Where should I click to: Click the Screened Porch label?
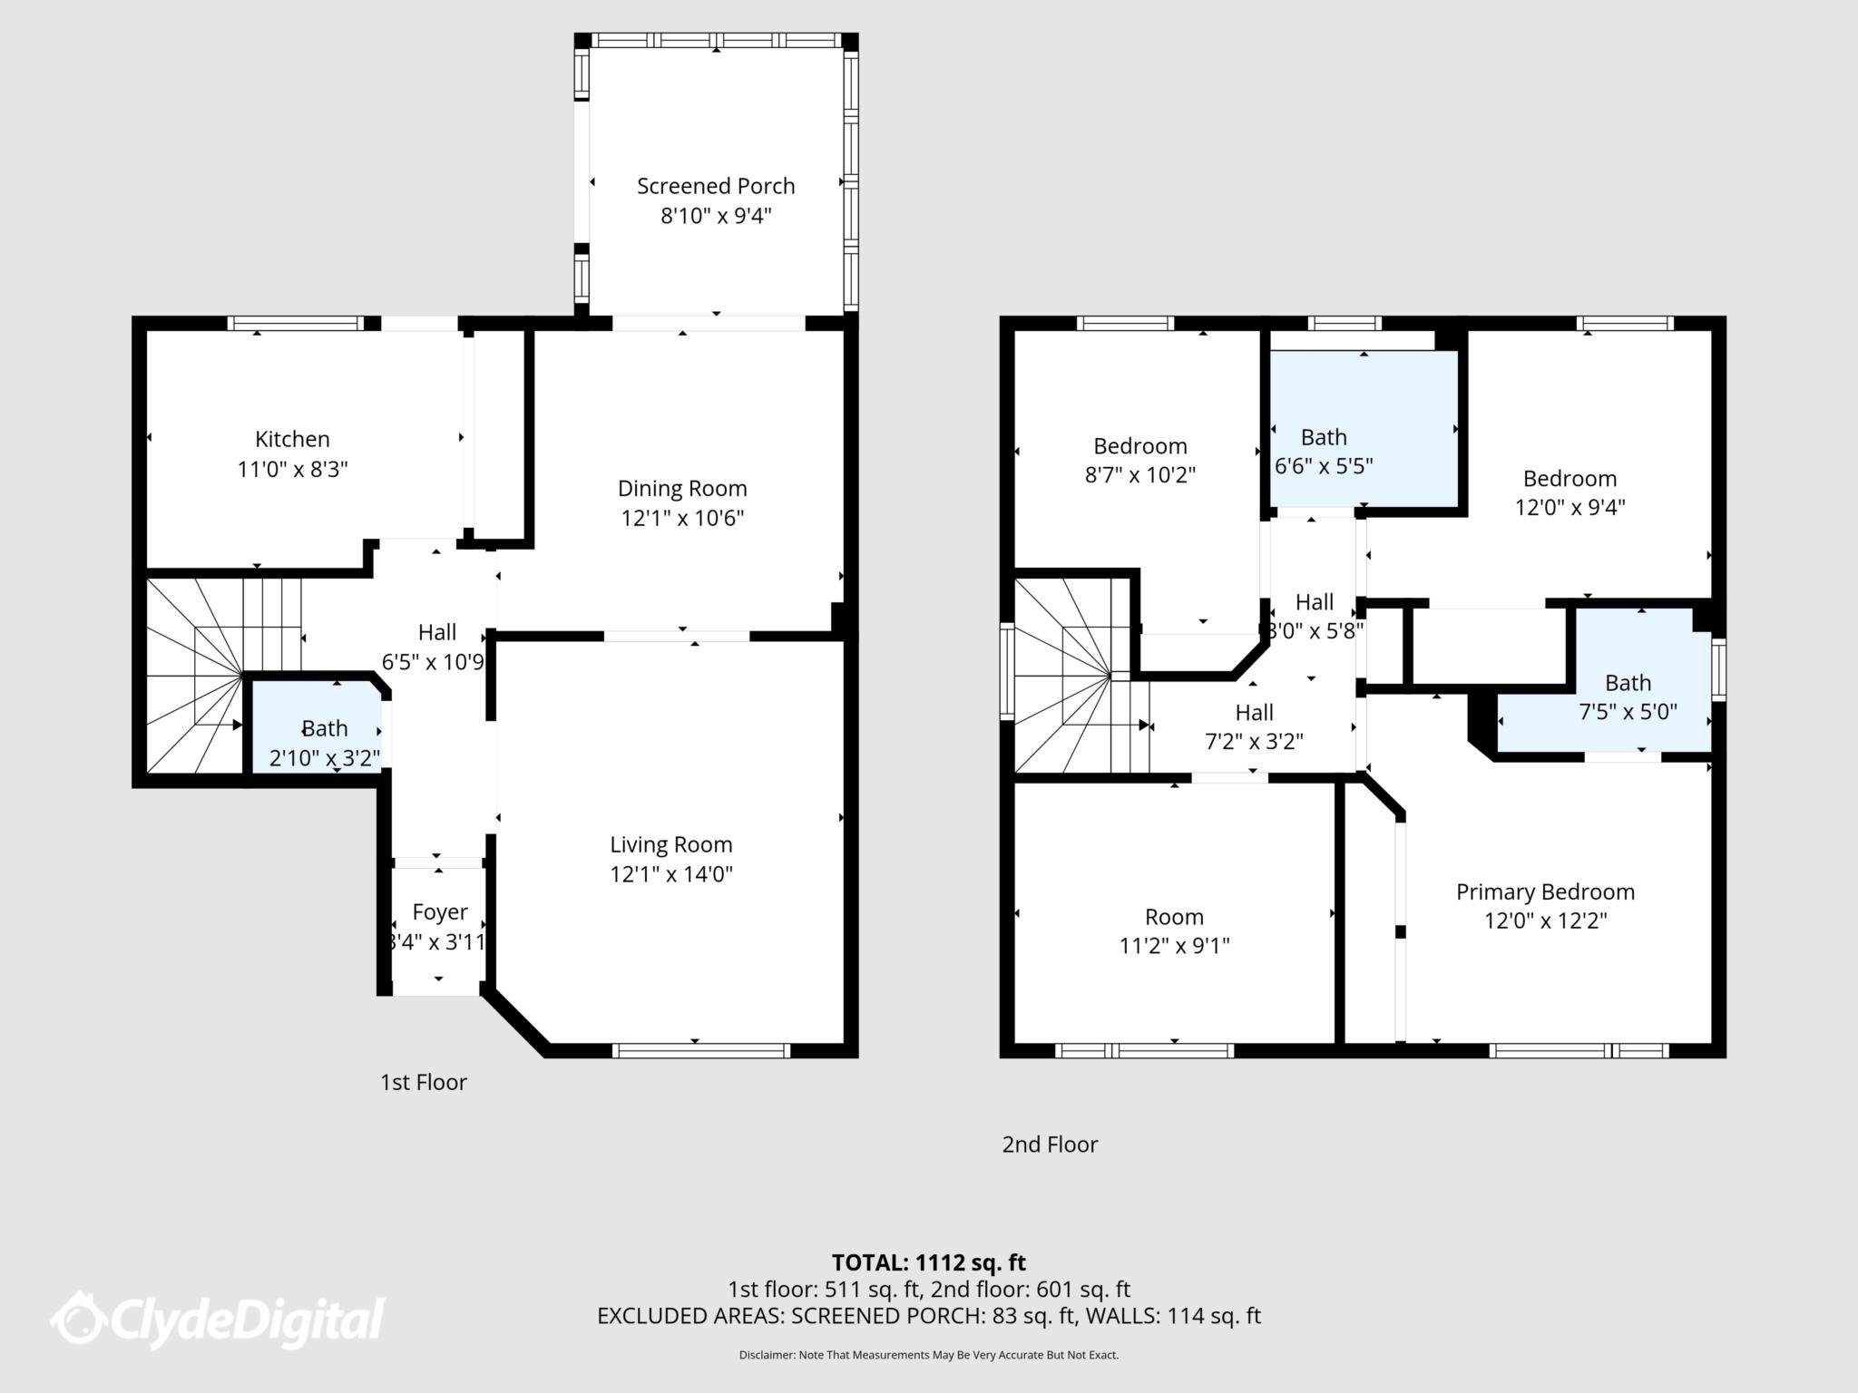pos(715,186)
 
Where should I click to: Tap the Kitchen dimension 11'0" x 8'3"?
pos(292,470)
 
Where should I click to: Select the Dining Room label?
pos(682,488)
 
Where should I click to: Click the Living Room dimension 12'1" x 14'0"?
pos(670,874)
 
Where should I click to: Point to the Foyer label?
pos(440,911)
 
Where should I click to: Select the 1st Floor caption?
pos(423,1082)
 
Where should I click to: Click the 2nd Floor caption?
pos(1050,1145)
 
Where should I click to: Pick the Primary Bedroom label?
pos(1545,891)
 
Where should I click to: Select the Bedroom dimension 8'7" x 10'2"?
pos(1139,474)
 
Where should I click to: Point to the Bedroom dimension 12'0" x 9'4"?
pos(1570,507)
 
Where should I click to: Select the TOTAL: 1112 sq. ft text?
pos(928,1262)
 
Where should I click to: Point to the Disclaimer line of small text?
pos(928,1355)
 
